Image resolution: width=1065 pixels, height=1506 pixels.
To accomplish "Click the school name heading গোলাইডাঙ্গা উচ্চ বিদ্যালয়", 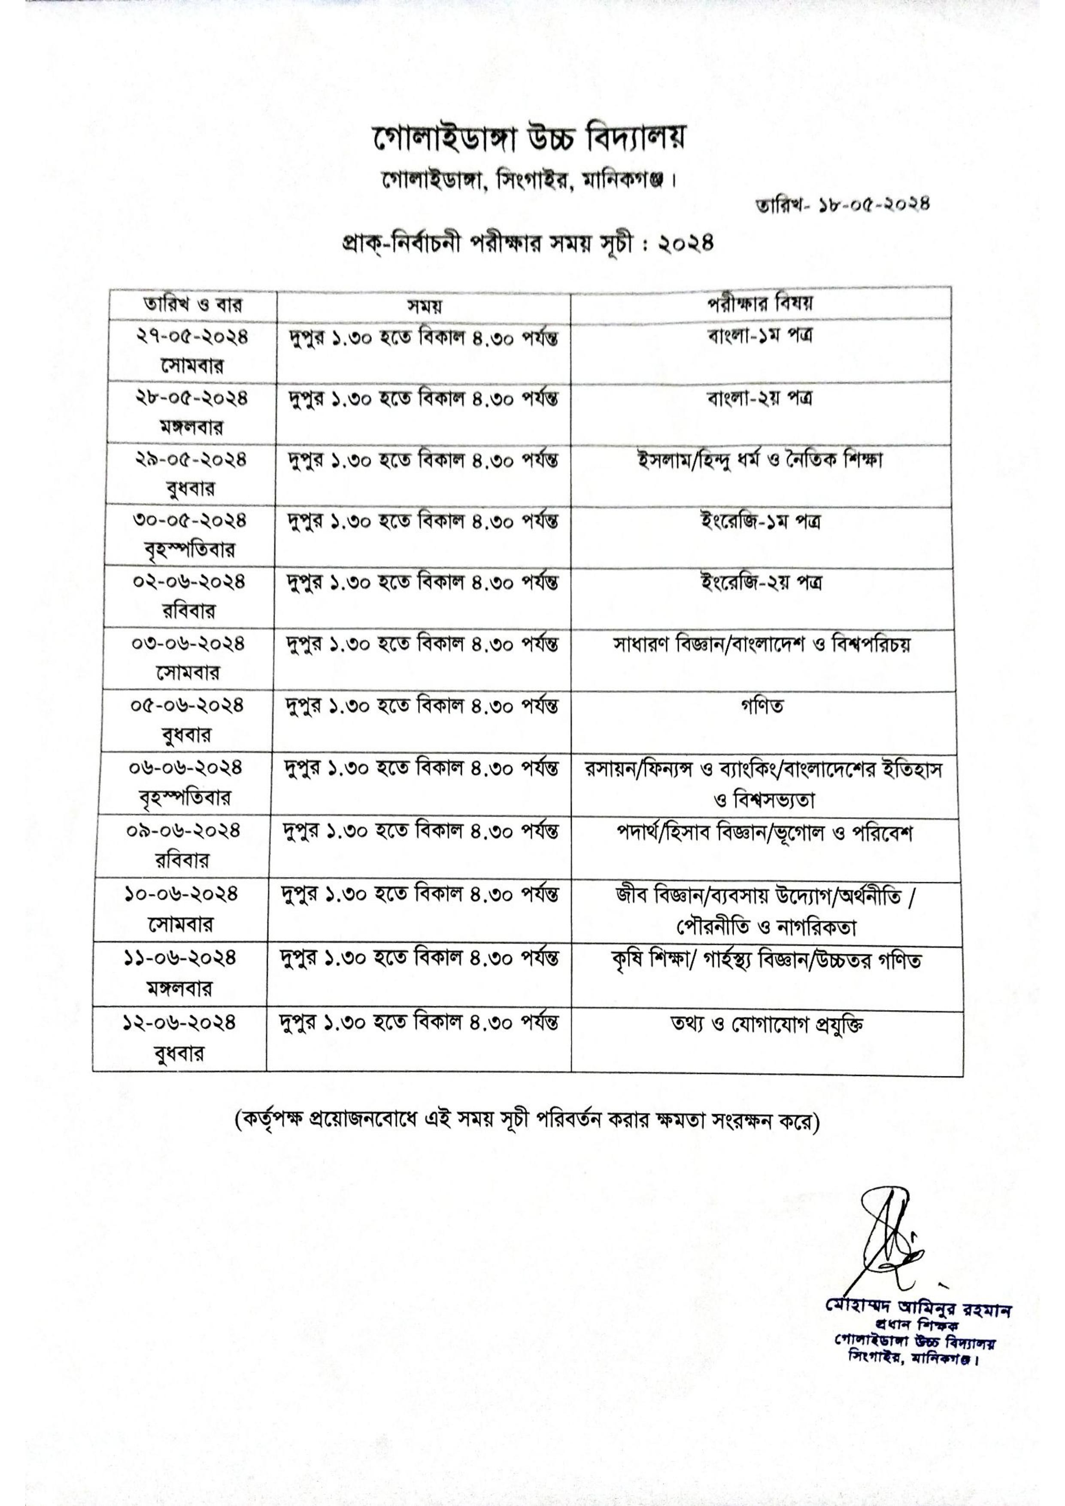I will (532, 140).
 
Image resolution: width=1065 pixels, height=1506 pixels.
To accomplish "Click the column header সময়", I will (423, 306).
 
